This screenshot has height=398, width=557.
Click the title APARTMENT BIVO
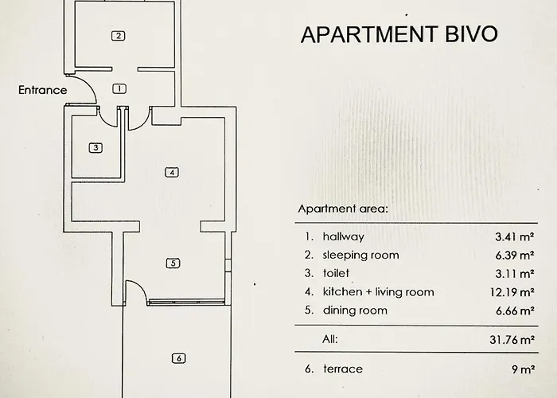[x=399, y=34]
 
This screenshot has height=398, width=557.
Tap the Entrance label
[x=43, y=90]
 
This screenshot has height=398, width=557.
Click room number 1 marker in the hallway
[x=119, y=88]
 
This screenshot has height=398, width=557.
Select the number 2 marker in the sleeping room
[x=118, y=35]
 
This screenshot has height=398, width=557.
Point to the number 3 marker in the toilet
[x=95, y=147]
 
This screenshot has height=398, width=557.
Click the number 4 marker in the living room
[x=170, y=172]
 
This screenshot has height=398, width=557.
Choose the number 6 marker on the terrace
[x=179, y=358]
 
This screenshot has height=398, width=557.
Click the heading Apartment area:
[x=342, y=209]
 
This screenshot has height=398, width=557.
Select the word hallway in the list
[x=343, y=236]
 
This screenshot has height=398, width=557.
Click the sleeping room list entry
[x=360, y=255]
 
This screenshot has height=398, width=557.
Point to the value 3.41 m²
[x=514, y=236]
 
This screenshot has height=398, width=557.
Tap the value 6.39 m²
[x=514, y=255]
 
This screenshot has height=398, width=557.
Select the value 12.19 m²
[x=511, y=292]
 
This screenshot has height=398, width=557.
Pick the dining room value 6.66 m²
[x=514, y=310]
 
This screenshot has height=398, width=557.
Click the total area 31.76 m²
[x=511, y=339]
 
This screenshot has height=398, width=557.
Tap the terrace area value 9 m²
[x=522, y=369]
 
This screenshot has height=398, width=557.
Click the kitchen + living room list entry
[x=378, y=292]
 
